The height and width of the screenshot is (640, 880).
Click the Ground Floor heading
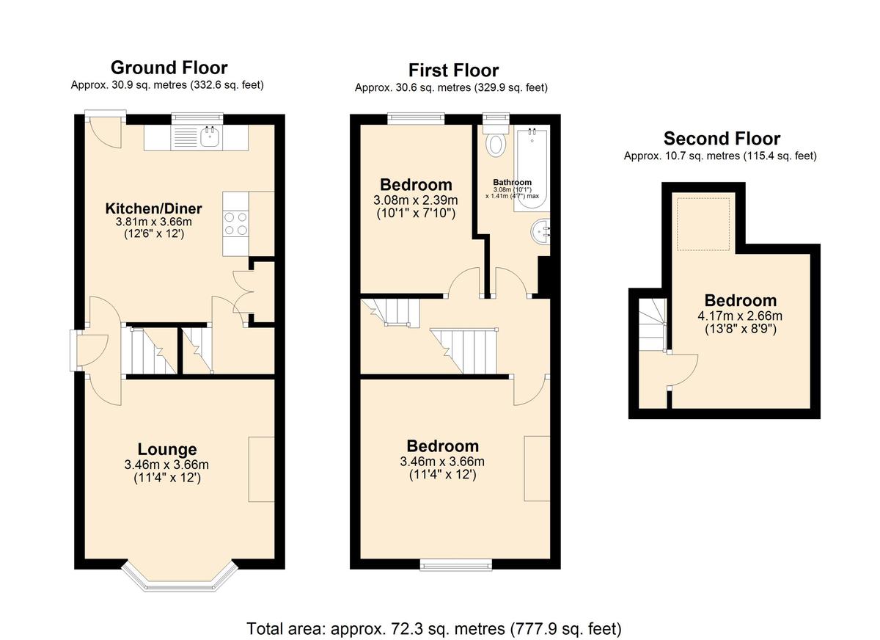pos(169,68)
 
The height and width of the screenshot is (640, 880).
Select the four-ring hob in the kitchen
pos(235,223)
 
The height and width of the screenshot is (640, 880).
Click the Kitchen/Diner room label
pos(153,208)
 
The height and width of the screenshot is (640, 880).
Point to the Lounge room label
pos(167,449)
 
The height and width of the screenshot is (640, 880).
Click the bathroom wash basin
pos(541,232)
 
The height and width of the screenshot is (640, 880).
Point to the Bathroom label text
pos(513,182)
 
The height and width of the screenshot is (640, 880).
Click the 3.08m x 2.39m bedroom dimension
pos(416,200)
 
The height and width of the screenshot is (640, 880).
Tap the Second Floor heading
pos(722,139)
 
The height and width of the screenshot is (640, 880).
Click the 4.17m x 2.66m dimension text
pos(740,316)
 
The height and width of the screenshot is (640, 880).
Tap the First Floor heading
pos(453,70)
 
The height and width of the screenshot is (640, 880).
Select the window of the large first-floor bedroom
pos(456,564)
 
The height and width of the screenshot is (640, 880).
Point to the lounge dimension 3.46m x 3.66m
pos(166,465)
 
